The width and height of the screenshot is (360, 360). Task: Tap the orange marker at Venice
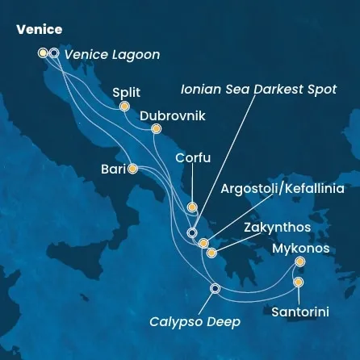[43, 53]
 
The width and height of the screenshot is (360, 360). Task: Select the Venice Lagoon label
[111, 55]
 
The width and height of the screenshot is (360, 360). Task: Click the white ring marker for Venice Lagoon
[54, 53]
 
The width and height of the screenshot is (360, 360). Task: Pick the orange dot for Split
[124, 107]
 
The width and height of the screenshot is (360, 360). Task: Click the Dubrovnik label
[173, 115]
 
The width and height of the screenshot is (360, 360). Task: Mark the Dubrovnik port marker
[156, 129]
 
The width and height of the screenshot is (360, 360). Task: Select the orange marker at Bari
[132, 169]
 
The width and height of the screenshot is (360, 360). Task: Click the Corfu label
[193, 158]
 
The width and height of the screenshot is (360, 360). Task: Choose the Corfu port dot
[192, 207]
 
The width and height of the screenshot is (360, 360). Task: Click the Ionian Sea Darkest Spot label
[258, 89]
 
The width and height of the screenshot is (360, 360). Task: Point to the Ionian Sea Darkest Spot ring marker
[192, 233]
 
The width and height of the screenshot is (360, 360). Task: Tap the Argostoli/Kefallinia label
[283, 189]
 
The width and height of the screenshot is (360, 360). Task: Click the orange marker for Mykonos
[300, 262]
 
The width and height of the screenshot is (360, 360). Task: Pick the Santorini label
[300, 310]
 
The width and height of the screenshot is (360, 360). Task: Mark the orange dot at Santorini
[299, 283]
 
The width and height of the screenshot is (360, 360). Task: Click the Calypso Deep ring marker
[215, 288]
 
